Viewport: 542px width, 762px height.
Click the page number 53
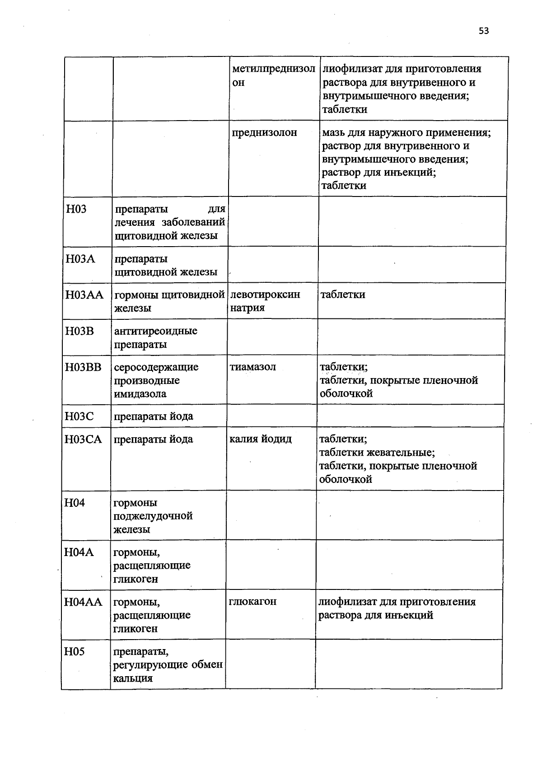483,31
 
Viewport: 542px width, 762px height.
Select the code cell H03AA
84,295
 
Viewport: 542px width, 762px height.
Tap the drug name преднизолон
264,133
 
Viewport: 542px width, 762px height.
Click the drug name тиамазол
252,367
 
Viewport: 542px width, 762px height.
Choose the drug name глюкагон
252,602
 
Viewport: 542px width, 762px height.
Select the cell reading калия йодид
261,439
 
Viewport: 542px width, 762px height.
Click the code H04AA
84,602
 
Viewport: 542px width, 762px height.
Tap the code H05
75,651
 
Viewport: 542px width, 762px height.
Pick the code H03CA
84,439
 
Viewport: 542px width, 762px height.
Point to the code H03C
79,416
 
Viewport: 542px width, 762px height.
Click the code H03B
79,331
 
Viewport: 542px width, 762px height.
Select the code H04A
79,552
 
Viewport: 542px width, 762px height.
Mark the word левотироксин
265,295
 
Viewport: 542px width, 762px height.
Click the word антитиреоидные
156,331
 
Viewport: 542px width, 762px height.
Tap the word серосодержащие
156,367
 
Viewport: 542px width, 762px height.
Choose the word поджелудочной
153,516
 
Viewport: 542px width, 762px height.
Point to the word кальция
133,678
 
